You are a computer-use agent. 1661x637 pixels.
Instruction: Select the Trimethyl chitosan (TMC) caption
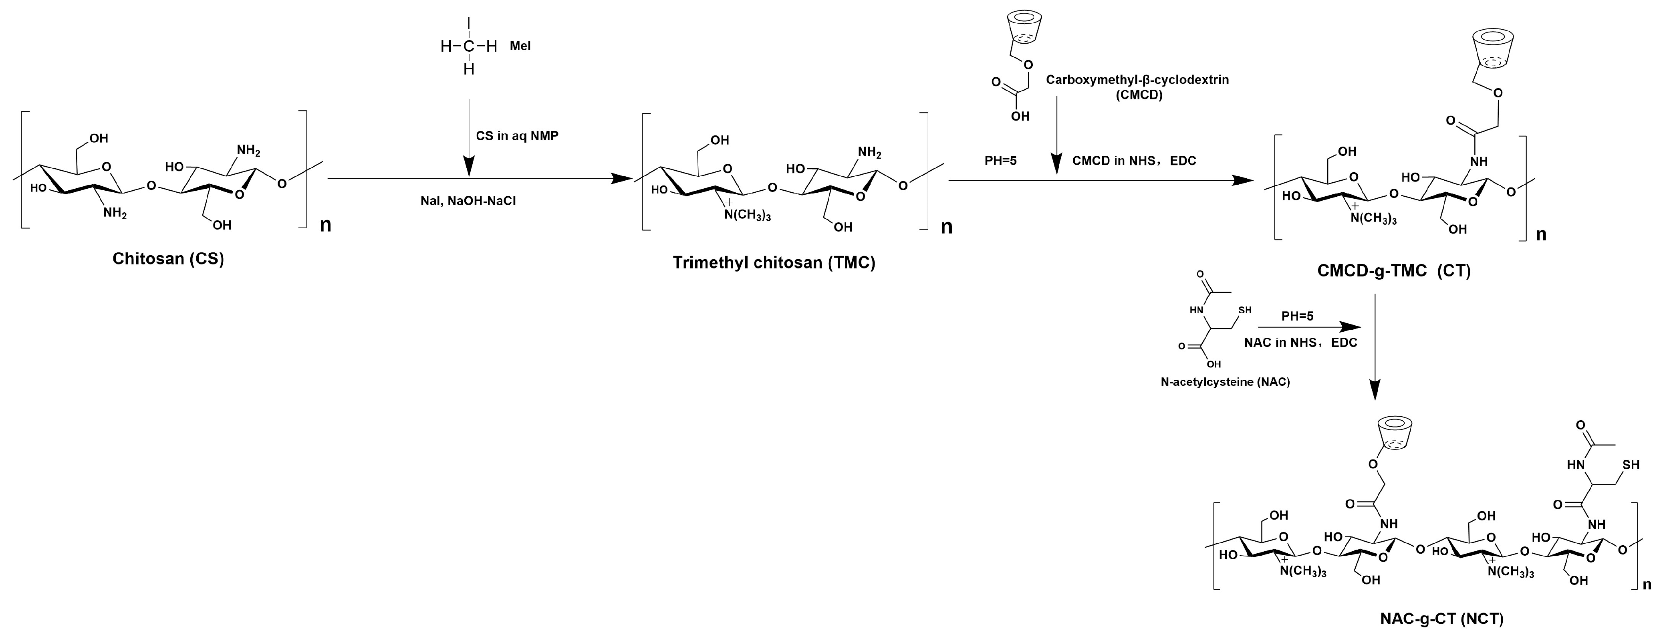point(774,263)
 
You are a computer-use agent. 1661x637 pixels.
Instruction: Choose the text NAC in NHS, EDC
point(1300,343)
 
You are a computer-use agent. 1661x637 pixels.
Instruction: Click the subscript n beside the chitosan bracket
point(326,226)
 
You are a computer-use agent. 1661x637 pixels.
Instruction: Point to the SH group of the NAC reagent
point(1245,310)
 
